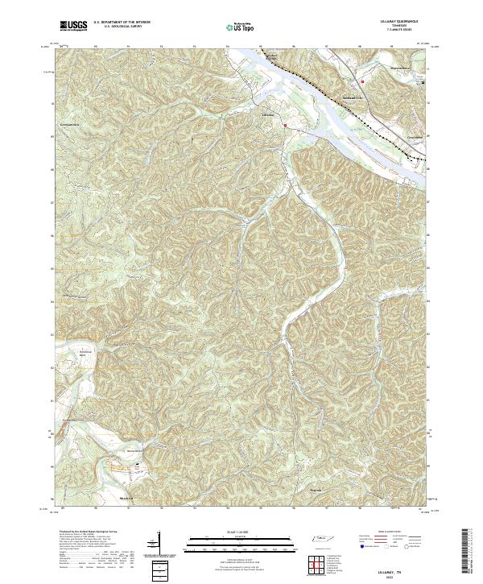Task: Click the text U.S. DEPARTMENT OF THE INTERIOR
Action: [x=122, y=22]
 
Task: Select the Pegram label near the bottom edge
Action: [x=316, y=489]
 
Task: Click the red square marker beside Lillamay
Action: [x=284, y=126]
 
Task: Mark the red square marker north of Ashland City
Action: [x=363, y=81]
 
